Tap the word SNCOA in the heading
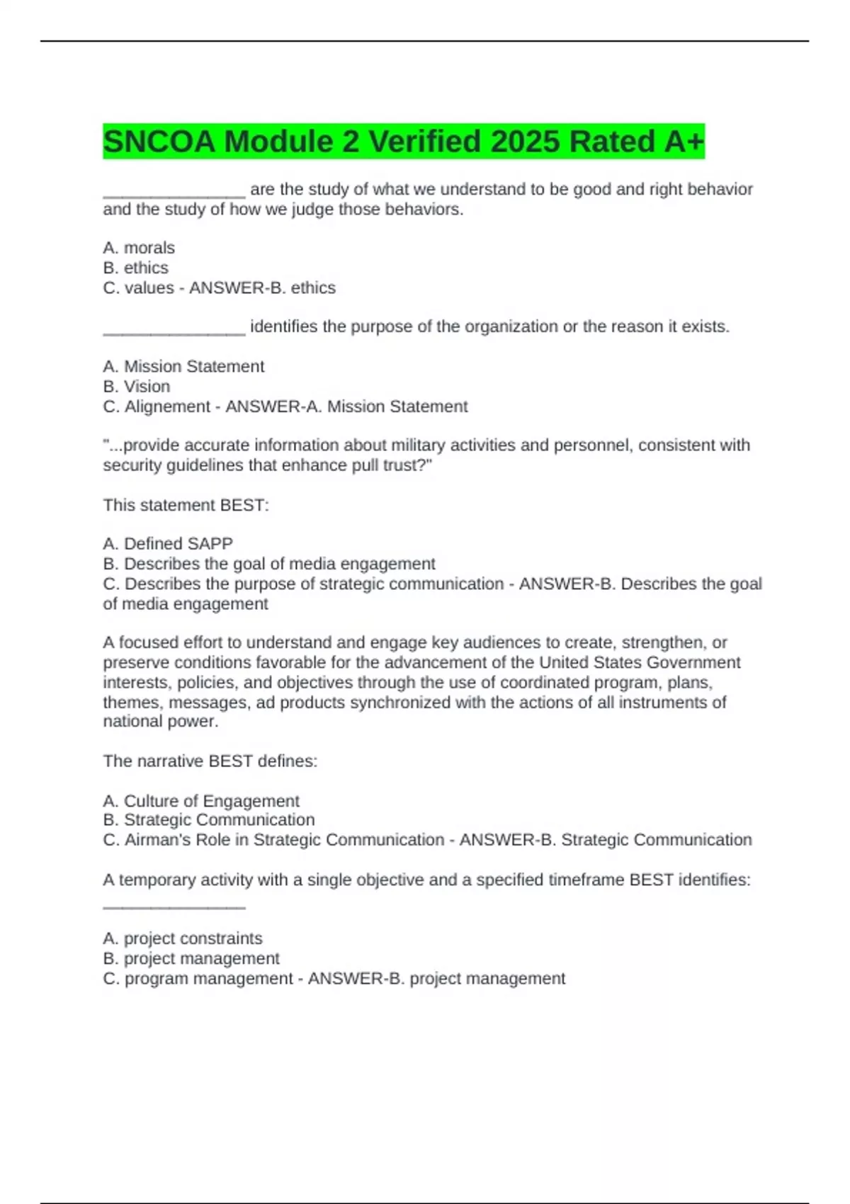159,142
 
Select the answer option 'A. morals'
139,248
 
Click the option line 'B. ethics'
136,268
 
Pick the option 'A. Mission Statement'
183,366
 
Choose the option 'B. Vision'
137,386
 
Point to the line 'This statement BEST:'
186,505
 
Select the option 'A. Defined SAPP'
168,543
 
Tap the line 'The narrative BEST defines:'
210,761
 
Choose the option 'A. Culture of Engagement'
201,800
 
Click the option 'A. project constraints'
183,938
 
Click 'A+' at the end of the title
684,142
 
